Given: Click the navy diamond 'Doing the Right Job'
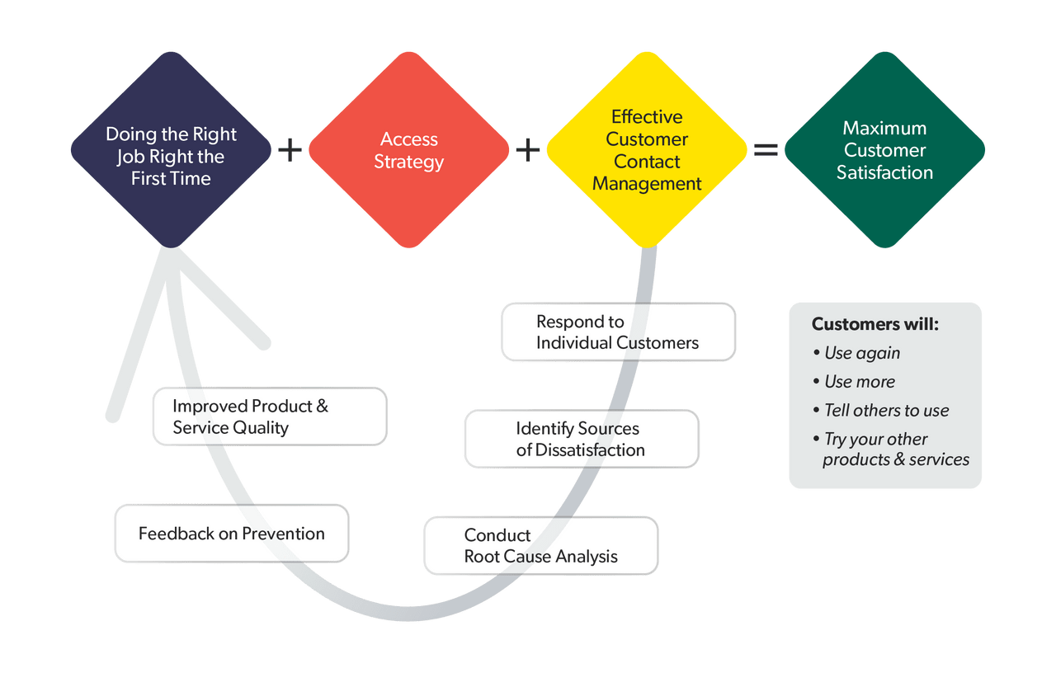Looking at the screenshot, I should click(x=171, y=150).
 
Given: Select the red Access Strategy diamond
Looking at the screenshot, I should click(x=408, y=150).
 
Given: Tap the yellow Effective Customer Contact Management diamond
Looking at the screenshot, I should click(x=647, y=150).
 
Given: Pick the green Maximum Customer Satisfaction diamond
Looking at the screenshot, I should click(x=884, y=150).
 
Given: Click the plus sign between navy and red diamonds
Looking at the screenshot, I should click(x=290, y=150).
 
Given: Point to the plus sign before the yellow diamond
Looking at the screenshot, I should click(x=528, y=150).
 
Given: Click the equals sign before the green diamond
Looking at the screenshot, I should click(x=766, y=150).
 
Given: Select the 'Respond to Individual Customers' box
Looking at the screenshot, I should click(x=617, y=332).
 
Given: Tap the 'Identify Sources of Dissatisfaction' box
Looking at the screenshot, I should click(x=581, y=439).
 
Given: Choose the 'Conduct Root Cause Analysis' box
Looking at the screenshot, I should click(x=540, y=545).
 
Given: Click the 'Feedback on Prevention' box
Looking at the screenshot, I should click(x=231, y=534).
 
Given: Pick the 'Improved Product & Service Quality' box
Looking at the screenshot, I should click(x=269, y=417).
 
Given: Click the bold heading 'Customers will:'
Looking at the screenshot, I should click(x=874, y=324).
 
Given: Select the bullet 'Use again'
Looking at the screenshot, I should click(x=862, y=353).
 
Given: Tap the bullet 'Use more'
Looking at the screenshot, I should click(x=860, y=382).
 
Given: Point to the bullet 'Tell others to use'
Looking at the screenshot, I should click(x=887, y=411).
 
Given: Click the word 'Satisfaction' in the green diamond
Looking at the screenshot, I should click(x=884, y=172).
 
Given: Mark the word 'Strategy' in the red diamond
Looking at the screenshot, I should click(x=408, y=162).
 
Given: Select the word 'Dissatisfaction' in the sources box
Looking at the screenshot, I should click(x=590, y=450).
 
